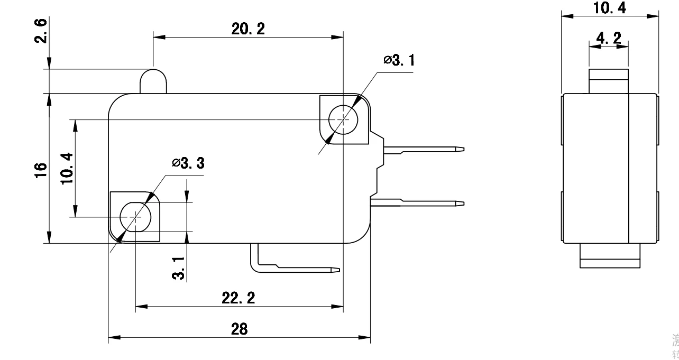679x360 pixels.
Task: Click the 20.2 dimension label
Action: coord(248,29)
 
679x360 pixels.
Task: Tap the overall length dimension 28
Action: coord(239,329)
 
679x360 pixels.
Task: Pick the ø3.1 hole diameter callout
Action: coord(399,60)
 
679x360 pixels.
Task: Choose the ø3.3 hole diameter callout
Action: coord(188,163)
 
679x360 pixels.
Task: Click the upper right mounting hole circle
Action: coord(343,120)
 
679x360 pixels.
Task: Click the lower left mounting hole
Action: coord(135,216)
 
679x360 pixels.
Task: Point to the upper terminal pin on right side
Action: coord(423,150)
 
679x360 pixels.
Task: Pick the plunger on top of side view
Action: coord(608,80)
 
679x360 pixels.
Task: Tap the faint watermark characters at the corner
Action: coord(675,344)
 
